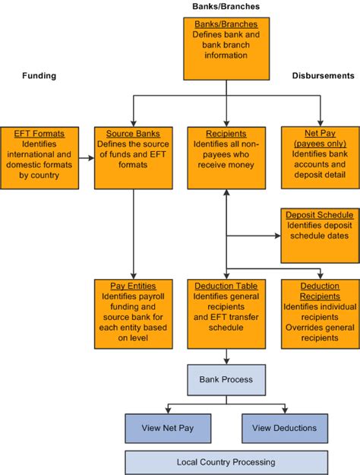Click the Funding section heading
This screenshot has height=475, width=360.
click(39, 76)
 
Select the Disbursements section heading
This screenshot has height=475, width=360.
click(323, 76)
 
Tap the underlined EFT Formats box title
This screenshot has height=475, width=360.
click(39, 134)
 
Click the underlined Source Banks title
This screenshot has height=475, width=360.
click(133, 134)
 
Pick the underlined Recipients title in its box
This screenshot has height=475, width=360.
click(226, 134)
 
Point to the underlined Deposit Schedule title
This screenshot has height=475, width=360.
click(320, 215)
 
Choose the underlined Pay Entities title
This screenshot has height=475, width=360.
click(133, 286)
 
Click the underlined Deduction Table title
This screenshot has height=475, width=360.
click(226, 286)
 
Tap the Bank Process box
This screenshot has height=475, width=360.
click(226, 380)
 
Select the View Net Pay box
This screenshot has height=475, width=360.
click(168, 429)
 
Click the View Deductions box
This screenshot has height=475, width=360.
click(285, 429)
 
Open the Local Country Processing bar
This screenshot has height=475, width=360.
click(226, 463)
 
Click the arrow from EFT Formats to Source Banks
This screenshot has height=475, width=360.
click(87, 158)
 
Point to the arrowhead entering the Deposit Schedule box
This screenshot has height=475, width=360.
click(278, 236)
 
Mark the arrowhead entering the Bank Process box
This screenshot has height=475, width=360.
click(226, 361)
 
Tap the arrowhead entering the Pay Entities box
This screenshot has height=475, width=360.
click(133, 276)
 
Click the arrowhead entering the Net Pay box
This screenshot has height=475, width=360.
click(320, 123)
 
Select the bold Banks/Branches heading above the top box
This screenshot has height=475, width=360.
click(226, 6)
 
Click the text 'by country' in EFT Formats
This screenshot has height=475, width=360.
click(39, 175)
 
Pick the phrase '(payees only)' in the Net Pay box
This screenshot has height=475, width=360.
click(320, 144)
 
